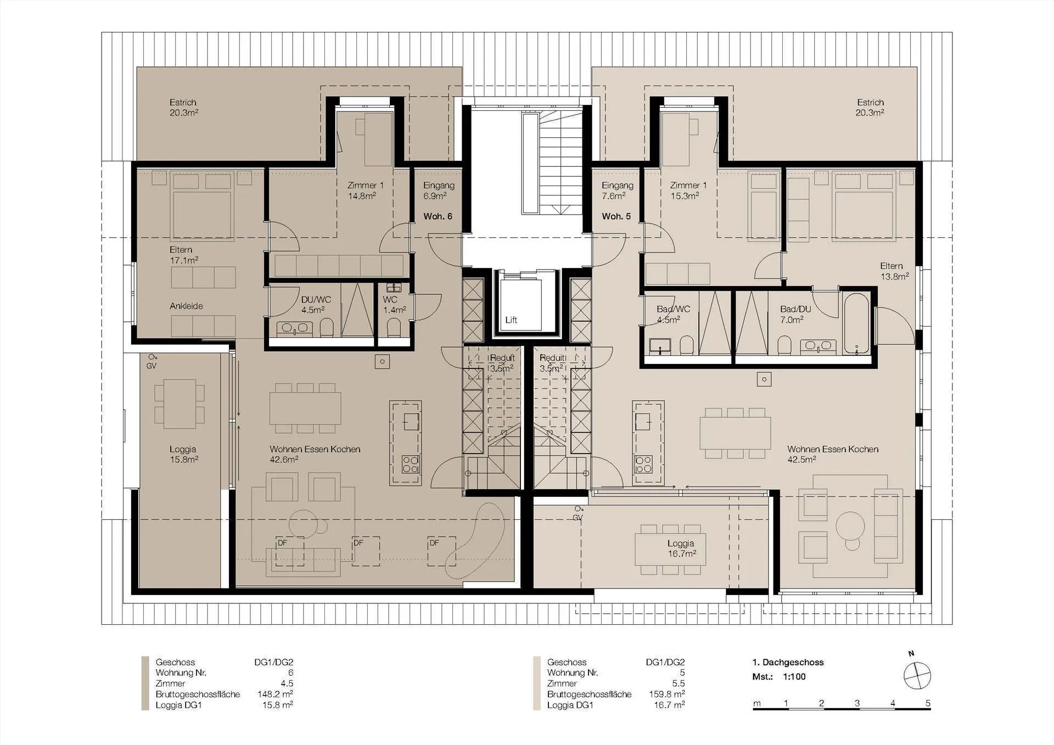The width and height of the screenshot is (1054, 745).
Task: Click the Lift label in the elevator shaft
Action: pos(511,320)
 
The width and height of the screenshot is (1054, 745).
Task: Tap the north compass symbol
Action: pos(917,675)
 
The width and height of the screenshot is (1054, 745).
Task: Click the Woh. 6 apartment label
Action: pos(438,216)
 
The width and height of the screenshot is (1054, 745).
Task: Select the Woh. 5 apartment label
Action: pos(616,216)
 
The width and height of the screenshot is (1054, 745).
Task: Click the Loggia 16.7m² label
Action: pos(681,548)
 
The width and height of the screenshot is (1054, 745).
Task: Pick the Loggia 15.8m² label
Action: pos(183,454)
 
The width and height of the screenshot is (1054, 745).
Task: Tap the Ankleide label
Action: pos(186,306)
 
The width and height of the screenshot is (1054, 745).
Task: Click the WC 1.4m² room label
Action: pos(394,305)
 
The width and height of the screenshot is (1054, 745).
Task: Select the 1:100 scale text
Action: pos(794,676)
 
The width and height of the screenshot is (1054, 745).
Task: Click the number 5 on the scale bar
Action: pos(928,703)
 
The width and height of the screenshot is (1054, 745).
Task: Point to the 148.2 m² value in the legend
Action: pos(275,694)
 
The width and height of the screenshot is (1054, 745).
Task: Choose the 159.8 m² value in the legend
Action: pos(667,694)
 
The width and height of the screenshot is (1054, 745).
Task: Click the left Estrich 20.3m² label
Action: pos(183,108)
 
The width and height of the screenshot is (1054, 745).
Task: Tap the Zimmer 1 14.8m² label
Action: pos(365,191)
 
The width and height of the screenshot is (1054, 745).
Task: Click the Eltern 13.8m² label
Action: pos(894,271)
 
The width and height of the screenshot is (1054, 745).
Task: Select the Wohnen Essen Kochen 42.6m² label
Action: pos(315,454)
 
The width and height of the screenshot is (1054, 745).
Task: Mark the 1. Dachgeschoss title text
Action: pos(788,662)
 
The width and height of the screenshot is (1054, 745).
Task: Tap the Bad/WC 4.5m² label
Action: pos(673,314)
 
